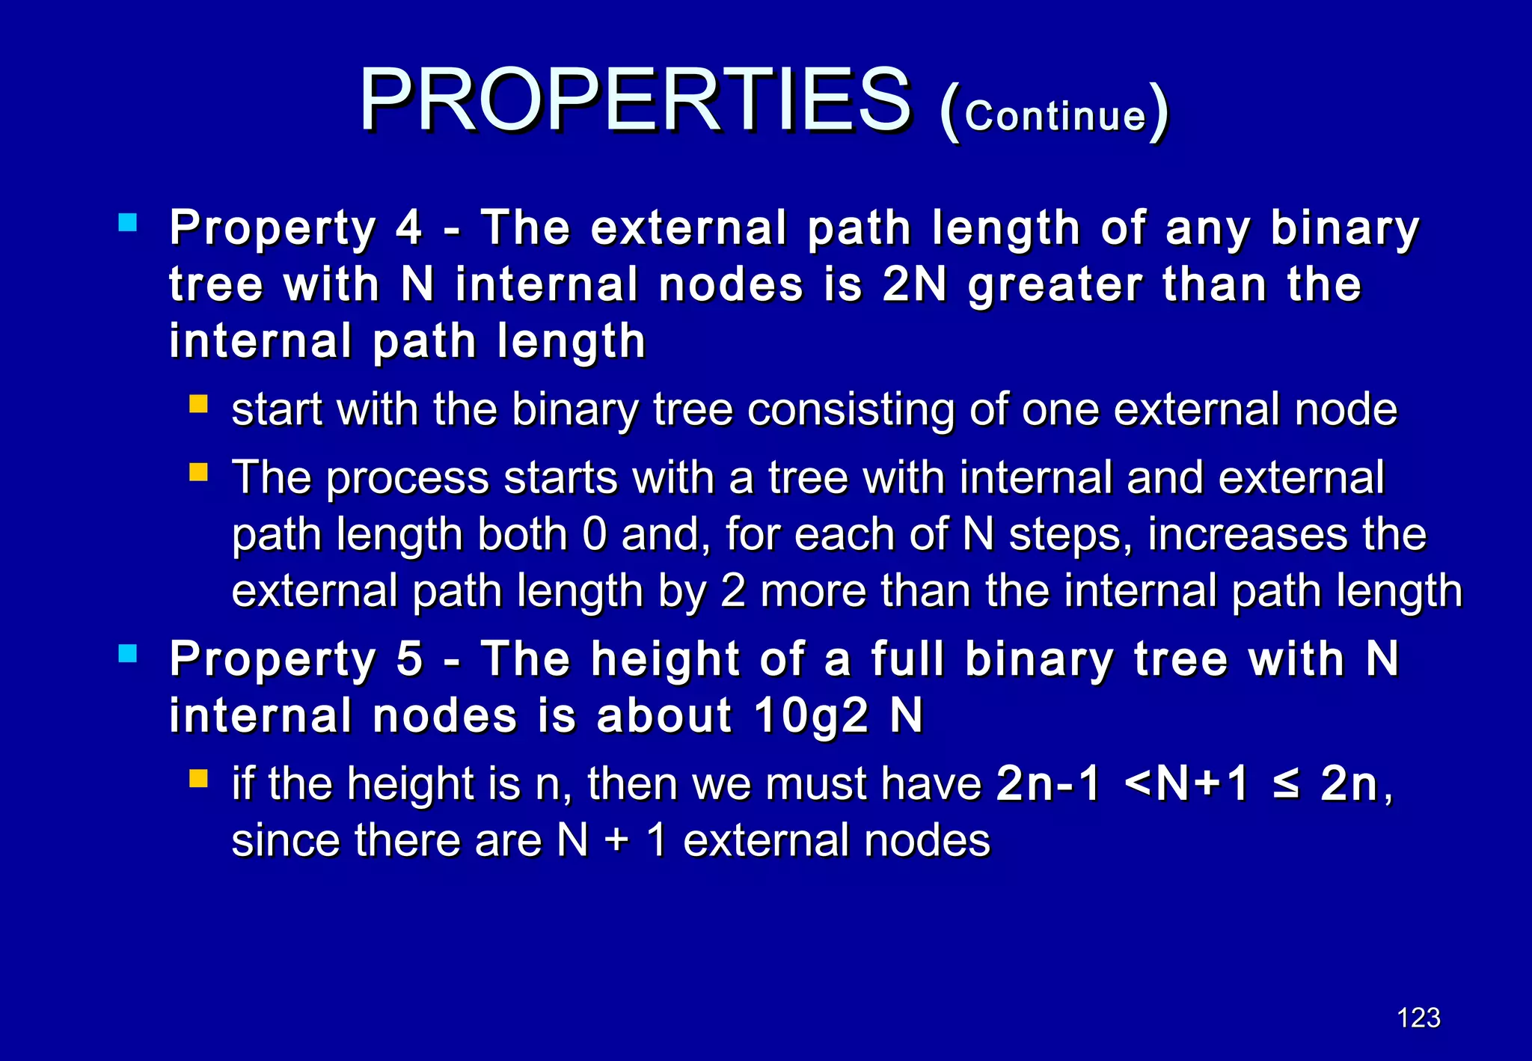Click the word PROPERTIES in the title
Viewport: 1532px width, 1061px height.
point(636,101)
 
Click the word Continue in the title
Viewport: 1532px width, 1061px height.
point(1055,116)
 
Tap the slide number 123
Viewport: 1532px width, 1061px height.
point(1418,1018)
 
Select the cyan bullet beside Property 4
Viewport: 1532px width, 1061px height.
point(128,222)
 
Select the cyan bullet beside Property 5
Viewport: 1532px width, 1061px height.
point(128,654)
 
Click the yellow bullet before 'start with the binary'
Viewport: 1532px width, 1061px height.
point(198,405)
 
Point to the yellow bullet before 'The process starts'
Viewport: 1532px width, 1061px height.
point(198,472)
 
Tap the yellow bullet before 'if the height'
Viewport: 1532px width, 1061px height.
point(198,779)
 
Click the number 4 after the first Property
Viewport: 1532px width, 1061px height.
point(409,227)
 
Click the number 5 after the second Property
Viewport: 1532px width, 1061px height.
point(409,659)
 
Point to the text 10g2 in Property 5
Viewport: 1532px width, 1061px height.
point(811,716)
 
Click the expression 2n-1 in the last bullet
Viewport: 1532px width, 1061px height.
point(1048,784)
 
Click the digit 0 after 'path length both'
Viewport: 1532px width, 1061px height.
point(594,534)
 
